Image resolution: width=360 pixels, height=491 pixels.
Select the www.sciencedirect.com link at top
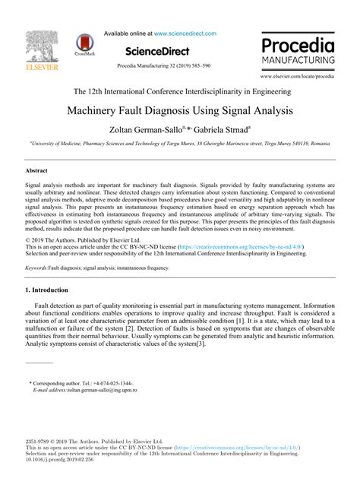(184, 33)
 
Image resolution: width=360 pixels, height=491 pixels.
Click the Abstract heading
(36, 172)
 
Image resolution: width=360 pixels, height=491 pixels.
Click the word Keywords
(38, 247)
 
